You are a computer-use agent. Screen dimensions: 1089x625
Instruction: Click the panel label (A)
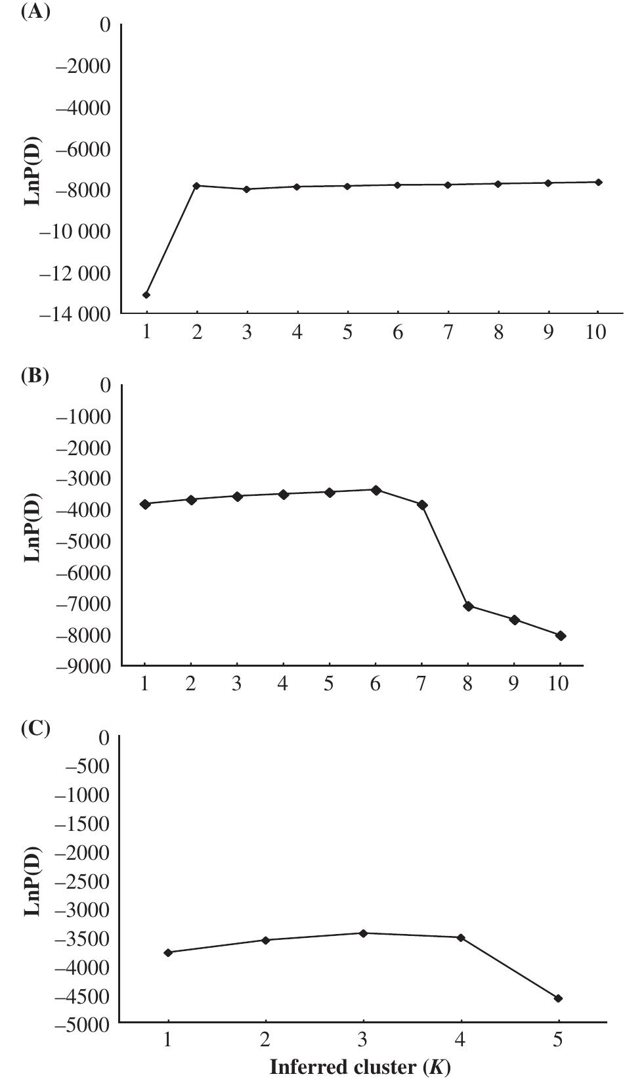[x=35, y=12]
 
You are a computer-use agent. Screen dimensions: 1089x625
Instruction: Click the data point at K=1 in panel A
[x=146, y=295]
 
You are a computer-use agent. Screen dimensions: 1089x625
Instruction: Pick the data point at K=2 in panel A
[x=196, y=186]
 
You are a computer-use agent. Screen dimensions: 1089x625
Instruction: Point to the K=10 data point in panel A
[x=598, y=182]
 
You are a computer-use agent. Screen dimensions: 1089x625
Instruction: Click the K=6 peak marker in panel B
[x=376, y=490]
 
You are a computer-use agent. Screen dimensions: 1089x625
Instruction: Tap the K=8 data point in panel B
[x=468, y=606]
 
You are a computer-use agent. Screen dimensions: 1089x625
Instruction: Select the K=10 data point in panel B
[x=561, y=636]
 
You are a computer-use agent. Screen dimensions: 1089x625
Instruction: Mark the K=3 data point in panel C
[x=363, y=933]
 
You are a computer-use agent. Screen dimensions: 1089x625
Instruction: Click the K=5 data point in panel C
[x=558, y=998]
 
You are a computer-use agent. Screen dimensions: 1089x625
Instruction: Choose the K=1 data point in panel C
[x=168, y=952]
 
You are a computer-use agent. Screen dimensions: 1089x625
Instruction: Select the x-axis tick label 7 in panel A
[x=448, y=333]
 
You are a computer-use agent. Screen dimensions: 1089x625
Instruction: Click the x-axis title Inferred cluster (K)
[x=360, y=1068]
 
